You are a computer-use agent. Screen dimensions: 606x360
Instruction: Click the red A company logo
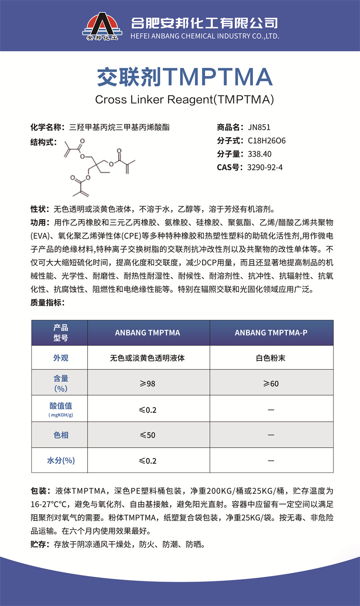[102, 27]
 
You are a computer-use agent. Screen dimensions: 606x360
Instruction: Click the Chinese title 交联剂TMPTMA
[185, 77]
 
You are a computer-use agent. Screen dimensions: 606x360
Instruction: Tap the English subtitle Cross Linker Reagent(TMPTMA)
[184, 99]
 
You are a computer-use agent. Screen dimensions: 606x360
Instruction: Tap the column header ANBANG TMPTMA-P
[271, 333]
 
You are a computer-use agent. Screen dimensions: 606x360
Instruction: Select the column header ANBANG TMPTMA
[148, 333]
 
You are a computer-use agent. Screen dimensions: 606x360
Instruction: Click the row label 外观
[60, 358]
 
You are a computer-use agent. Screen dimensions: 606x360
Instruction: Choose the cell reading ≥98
[148, 384]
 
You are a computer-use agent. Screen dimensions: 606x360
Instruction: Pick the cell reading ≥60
[271, 384]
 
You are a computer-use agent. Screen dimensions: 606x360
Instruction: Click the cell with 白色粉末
[271, 359]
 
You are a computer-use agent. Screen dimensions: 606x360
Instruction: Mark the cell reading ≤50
[148, 435]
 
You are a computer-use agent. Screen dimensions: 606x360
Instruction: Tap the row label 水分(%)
[60, 460]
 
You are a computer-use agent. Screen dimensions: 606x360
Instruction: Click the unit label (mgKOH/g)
[60, 415]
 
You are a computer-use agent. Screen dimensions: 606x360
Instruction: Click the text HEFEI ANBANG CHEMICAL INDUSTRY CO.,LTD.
[205, 36]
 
